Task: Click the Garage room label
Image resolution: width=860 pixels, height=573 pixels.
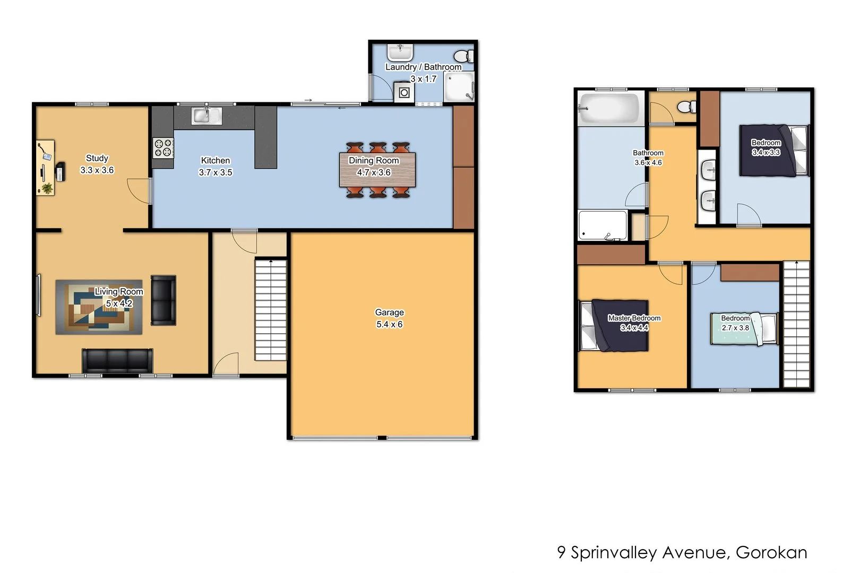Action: [389, 312]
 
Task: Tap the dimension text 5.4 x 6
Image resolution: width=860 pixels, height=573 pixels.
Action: [389, 324]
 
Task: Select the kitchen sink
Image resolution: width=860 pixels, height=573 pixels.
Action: [207, 116]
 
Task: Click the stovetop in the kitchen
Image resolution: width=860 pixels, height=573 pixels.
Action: [164, 148]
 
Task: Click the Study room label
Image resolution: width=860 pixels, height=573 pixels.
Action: [97, 158]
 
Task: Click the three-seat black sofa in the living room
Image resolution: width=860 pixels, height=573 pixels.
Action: [117, 360]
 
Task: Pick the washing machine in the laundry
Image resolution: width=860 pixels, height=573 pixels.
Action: [404, 93]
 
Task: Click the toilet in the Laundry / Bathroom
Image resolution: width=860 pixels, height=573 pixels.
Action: [463, 56]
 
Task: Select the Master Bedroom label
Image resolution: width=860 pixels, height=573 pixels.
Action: [634, 318]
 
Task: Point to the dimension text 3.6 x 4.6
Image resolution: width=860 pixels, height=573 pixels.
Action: [648, 163]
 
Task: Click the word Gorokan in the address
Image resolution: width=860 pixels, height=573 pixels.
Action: [771, 553]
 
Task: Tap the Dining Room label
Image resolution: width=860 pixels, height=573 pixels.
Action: [374, 160]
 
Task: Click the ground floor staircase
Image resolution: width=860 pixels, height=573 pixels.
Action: [271, 309]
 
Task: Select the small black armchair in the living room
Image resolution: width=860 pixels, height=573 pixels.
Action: [163, 300]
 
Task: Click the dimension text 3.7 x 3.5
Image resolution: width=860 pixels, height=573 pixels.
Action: [215, 172]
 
